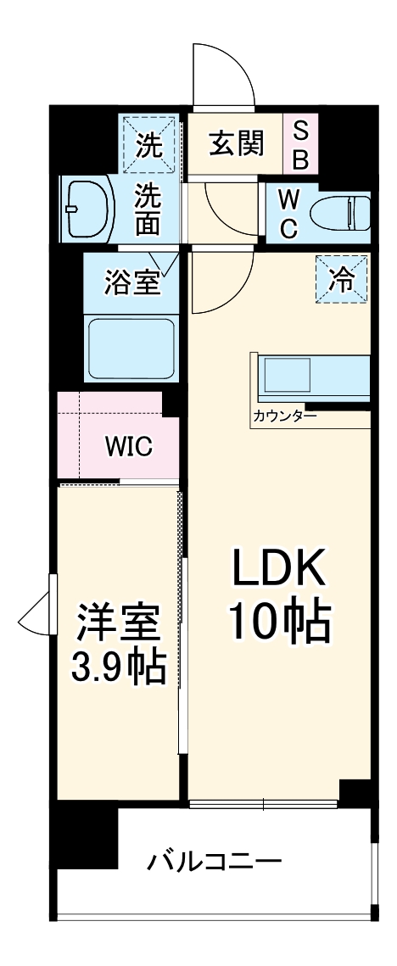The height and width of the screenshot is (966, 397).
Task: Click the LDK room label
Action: pyautogui.click(x=277, y=571)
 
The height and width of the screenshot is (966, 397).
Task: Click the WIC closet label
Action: pyautogui.click(x=128, y=446)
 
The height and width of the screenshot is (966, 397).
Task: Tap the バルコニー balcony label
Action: pyautogui.click(x=214, y=864)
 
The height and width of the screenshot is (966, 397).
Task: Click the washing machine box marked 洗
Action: pyautogui.click(x=148, y=144)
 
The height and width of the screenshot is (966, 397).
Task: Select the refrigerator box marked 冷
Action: pyautogui.click(x=344, y=280)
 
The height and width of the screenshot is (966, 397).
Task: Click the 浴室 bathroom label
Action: pyautogui.click(x=131, y=283)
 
